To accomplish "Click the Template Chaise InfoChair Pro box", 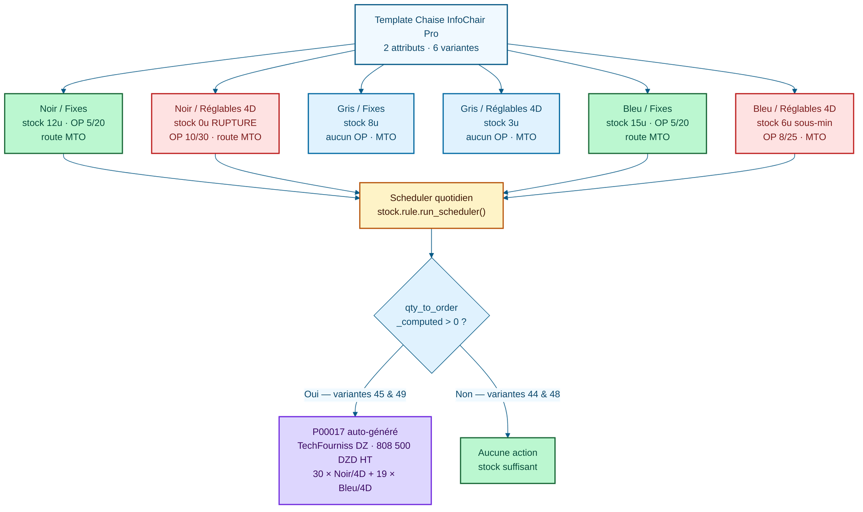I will tap(431, 34).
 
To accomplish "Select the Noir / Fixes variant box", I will tap(63, 123).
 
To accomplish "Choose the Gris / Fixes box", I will tap(361, 123).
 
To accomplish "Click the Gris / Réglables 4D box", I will tap(501, 123).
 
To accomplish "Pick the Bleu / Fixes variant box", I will tap(647, 123).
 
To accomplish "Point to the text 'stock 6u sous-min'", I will tap(794, 123).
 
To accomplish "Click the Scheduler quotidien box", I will tap(431, 205).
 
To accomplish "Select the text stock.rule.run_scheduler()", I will tap(431, 212).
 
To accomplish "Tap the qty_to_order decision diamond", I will tap(431, 315).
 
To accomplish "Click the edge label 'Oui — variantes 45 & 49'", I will tap(355, 394).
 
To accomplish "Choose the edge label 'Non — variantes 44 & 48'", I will tap(507, 394).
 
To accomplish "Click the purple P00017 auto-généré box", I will tap(355, 459).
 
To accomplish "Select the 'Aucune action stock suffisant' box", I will tap(507, 460).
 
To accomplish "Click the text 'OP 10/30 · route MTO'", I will tap(215, 137).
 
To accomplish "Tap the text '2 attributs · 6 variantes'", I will tap(431, 48).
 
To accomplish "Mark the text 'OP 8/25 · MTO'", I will tap(794, 137).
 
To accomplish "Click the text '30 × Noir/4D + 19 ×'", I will tap(354, 474).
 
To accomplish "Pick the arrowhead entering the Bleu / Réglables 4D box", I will tap(794, 90).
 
